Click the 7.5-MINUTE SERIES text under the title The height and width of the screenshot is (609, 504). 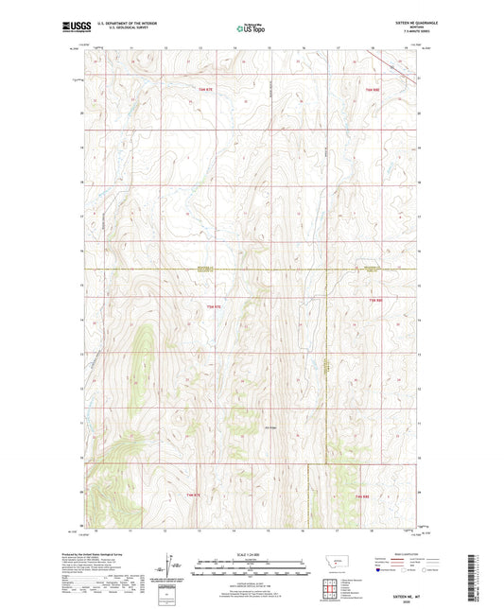408,35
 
